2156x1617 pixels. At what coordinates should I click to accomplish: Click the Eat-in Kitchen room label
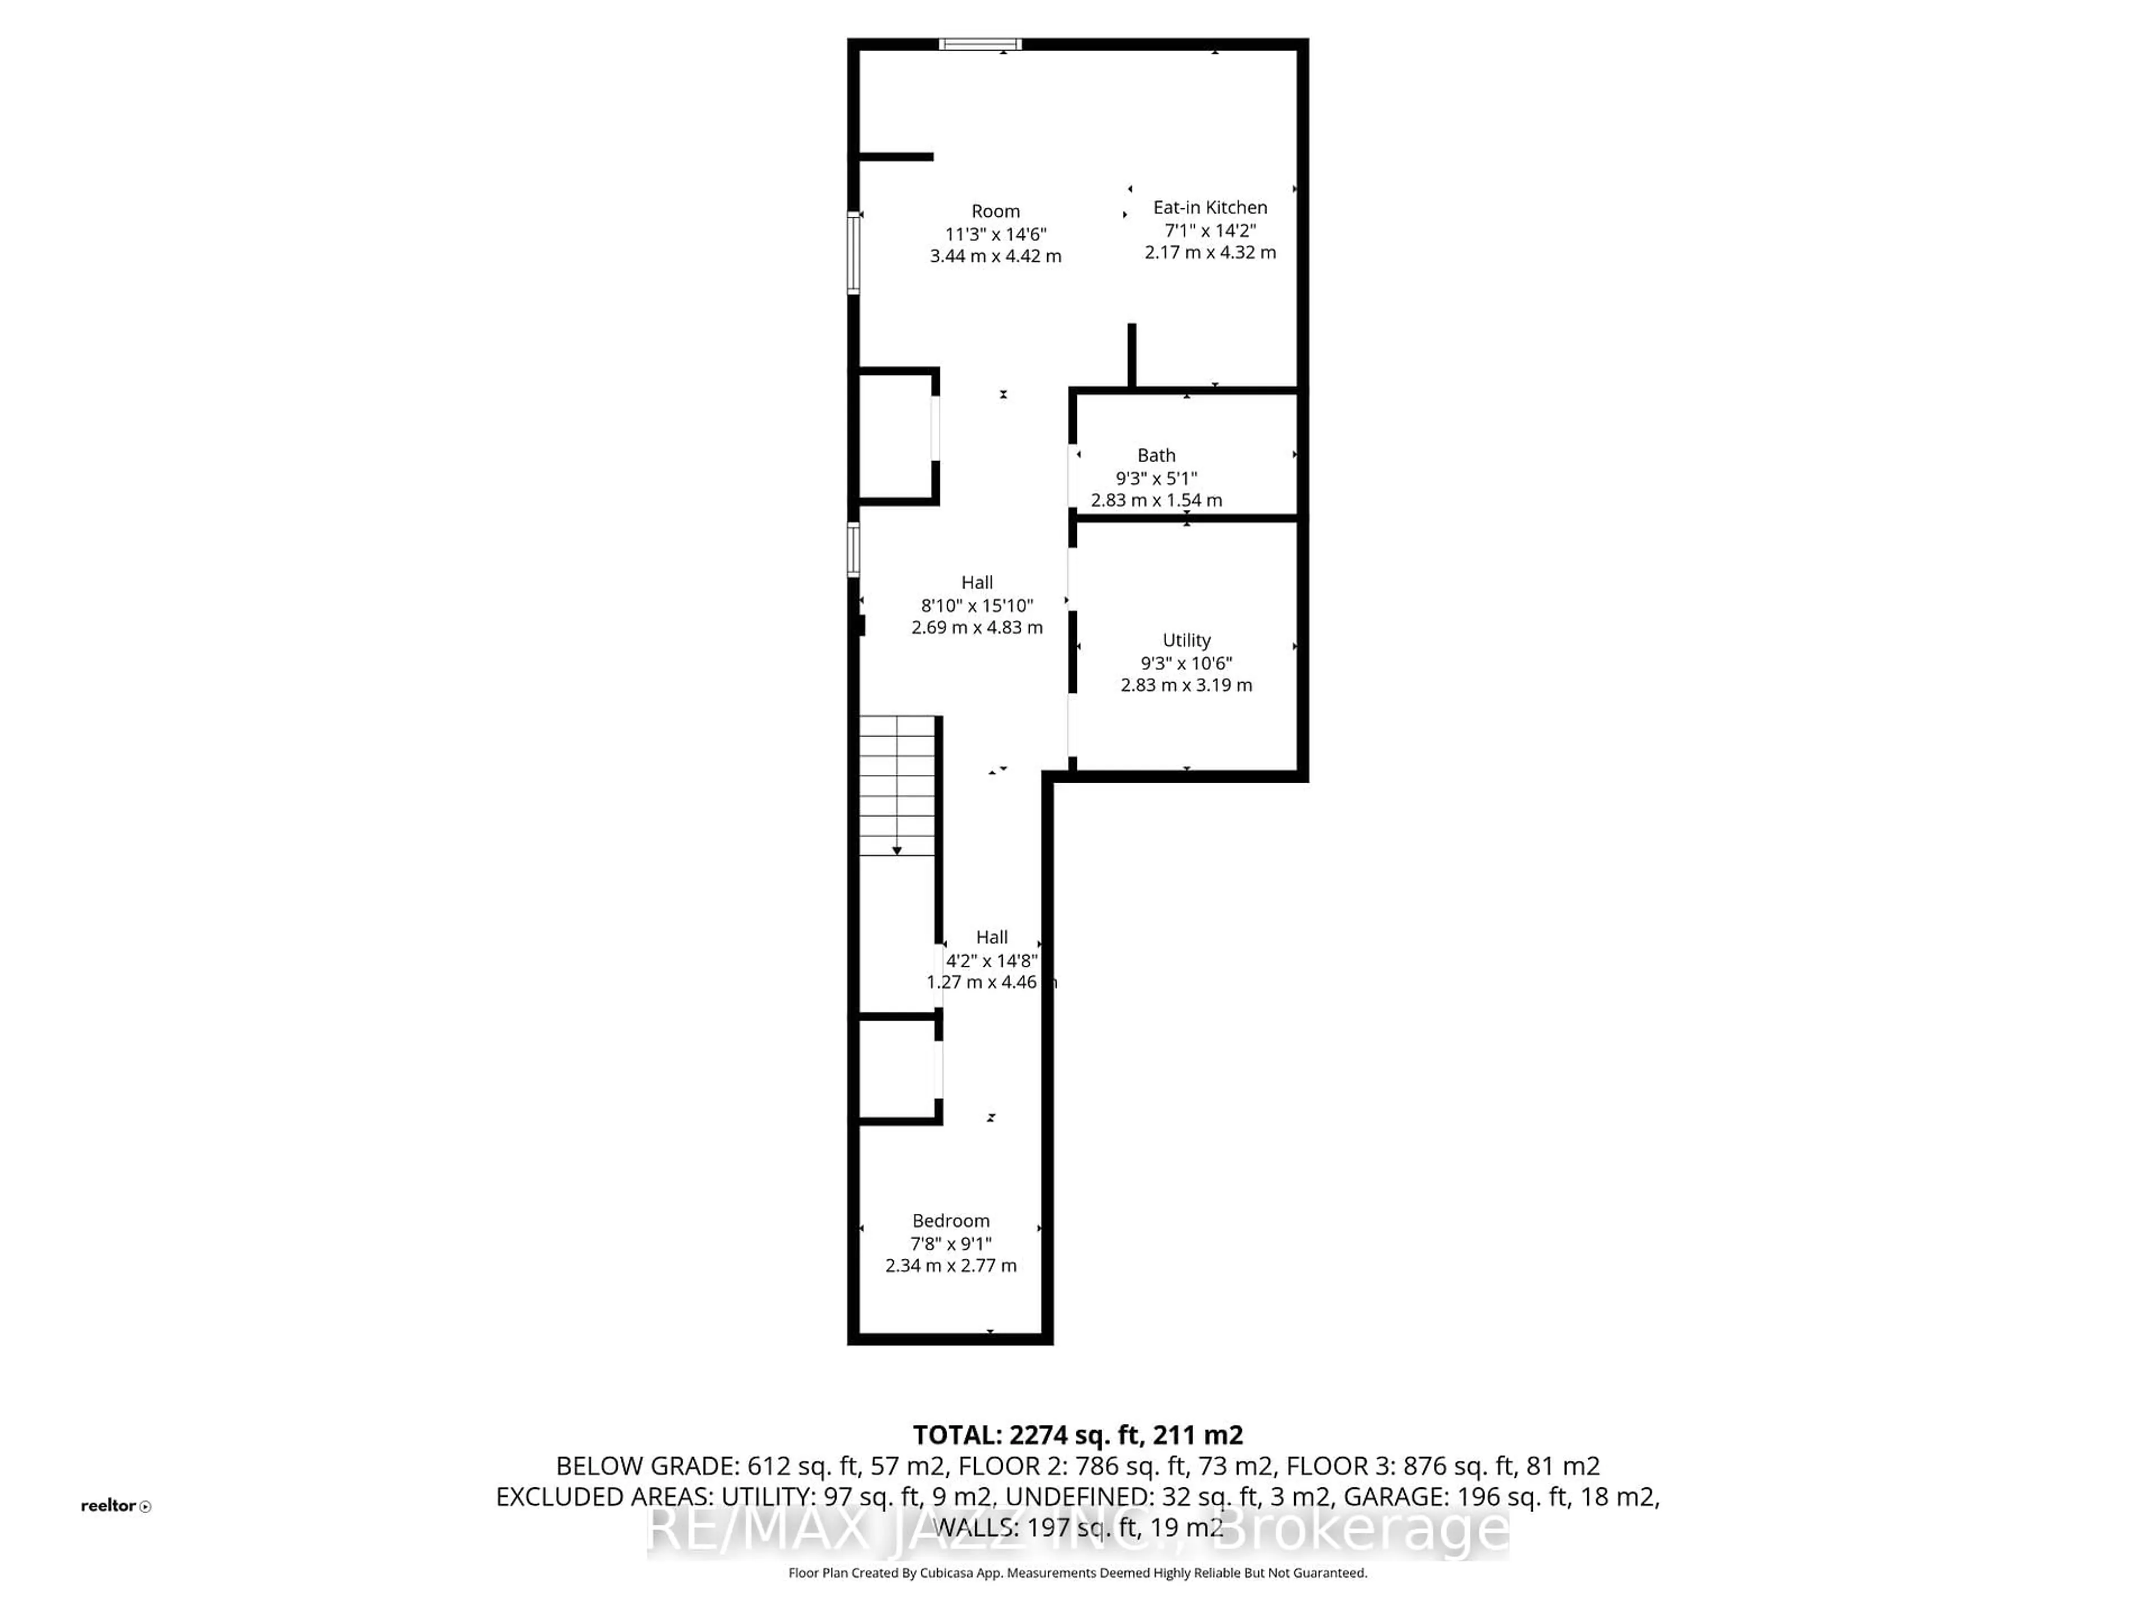pos(1209,208)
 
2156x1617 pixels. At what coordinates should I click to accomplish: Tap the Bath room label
pos(1156,455)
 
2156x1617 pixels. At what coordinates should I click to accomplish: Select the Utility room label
pos(1186,641)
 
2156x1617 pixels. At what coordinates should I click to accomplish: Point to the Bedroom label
pos(951,1220)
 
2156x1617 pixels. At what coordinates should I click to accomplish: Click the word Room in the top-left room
pos(995,212)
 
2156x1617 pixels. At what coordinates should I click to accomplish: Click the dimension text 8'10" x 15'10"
pos(976,605)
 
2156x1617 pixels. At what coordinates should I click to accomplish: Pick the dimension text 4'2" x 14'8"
pos(991,960)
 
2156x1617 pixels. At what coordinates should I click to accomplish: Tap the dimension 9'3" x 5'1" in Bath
pos(1156,478)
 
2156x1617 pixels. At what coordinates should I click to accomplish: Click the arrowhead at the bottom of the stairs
pos(897,851)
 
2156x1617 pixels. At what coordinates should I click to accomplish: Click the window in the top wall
pos(980,44)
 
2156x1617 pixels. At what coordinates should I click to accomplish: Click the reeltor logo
pos(115,1506)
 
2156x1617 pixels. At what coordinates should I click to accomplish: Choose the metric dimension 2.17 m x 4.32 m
pos(1209,253)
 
